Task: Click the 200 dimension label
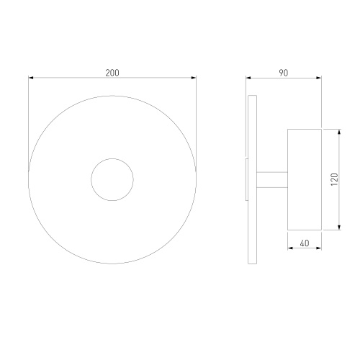coord(112,73)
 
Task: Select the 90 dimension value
coord(284,73)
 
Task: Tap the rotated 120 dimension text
coord(334,179)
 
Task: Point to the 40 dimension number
coord(305,243)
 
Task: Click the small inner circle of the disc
coord(91,179)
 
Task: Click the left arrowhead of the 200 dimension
coord(31,78)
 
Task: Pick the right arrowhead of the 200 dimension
coord(194,78)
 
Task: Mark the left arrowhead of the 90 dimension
coord(248,78)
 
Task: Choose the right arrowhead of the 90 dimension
coord(319,78)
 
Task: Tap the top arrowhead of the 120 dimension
coord(339,132)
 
